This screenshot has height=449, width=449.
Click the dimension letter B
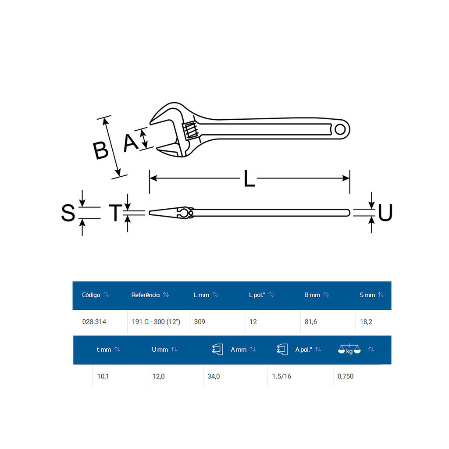pyautogui.click(x=101, y=150)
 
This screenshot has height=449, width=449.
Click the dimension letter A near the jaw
pyautogui.click(x=131, y=143)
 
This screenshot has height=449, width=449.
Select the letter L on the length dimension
pyautogui.click(x=249, y=178)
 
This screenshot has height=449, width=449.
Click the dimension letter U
pyautogui.click(x=385, y=213)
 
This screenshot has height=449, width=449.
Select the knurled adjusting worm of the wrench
pyautogui.click(x=191, y=130)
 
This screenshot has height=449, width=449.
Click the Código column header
pyautogui.click(x=91, y=295)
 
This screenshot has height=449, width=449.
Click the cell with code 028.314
pyautogui.click(x=94, y=322)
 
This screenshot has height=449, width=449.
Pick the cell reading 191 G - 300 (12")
pyautogui.click(x=156, y=322)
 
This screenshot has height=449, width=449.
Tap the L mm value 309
pyautogui.click(x=200, y=322)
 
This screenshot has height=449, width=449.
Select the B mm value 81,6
pyautogui.click(x=310, y=322)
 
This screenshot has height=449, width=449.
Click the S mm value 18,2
pyautogui.click(x=367, y=322)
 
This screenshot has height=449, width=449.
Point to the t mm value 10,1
pyautogui.click(x=103, y=376)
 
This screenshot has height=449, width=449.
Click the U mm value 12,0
pyautogui.click(x=158, y=376)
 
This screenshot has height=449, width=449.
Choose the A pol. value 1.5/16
pyautogui.click(x=282, y=376)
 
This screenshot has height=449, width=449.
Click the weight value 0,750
pyautogui.click(x=346, y=376)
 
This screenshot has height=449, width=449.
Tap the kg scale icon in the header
pyautogui.click(x=349, y=349)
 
